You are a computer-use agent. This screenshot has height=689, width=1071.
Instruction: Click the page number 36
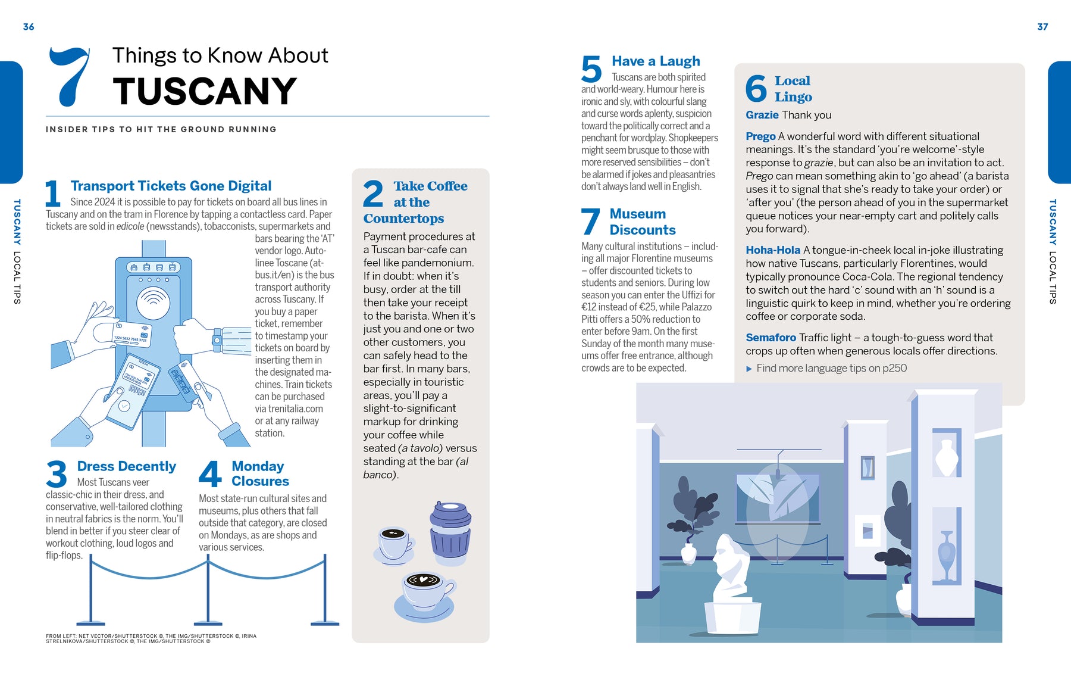(29, 27)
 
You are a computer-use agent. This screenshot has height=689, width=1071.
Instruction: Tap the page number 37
(1042, 27)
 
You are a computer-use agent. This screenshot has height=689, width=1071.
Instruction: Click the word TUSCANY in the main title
(205, 91)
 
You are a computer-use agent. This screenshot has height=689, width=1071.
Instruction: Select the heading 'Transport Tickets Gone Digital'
(171, 186)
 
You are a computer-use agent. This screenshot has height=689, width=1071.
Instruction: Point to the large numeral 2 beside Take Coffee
(373, 194)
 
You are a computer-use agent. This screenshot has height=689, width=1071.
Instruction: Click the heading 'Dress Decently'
(126, 466)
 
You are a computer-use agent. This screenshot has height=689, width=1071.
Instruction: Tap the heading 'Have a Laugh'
(656, 61)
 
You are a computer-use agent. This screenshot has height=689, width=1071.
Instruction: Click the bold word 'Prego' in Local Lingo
(760, 136)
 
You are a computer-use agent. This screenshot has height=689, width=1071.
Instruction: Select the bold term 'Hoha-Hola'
(773, 250)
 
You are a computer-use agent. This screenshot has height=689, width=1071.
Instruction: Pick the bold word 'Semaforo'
(771, 338)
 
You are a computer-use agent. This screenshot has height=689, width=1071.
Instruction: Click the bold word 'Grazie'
(762, 115)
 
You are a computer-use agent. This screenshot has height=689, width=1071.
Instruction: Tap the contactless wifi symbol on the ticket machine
(154, 303)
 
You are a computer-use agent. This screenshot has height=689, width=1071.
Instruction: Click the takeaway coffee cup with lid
(450, 533)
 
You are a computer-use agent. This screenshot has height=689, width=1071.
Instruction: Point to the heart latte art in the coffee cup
(422, 579)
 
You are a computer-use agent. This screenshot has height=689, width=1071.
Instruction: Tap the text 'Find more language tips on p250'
(831, 368)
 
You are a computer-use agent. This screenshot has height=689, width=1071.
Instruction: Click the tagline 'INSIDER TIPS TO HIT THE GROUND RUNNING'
(161, 129)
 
